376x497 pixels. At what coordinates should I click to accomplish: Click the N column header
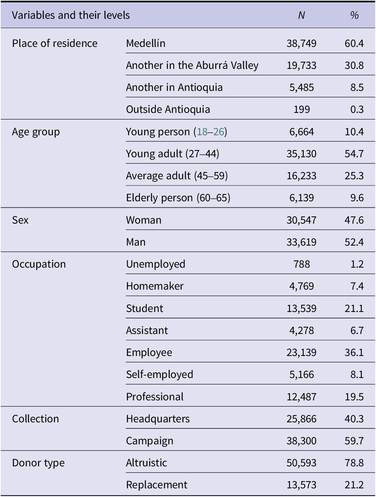[x=301, y=16]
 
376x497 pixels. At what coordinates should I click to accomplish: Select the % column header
[x=354, y=16]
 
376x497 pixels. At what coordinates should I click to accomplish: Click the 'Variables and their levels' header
[x=71, y=16]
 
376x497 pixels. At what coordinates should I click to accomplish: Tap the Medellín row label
[x=146, y=43]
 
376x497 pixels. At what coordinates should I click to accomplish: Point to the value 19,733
[x=301, y=65]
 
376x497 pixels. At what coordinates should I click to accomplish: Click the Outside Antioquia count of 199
[x=302, y=109]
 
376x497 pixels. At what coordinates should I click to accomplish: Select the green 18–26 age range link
[x=210, y=132]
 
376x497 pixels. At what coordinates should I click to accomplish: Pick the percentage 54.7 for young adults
[x=354, y=154]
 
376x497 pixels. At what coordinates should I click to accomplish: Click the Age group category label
[x=36, y=132]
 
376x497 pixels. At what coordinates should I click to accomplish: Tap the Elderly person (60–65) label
[x=178, y=198]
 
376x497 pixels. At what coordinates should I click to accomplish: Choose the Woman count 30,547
[x=301, y=220]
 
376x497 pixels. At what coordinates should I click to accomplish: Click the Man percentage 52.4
[x=354, y=242]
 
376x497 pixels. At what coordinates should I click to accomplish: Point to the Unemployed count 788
[x=302, y=264]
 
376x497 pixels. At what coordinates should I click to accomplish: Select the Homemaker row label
[x=155, y=286]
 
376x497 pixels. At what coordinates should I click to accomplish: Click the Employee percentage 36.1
[x=354, y=352]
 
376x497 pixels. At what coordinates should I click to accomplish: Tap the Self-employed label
[x=160, y=375]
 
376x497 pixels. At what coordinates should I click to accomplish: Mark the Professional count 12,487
[x=301, y=397]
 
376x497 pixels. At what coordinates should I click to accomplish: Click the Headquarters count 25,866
[x=301, y=419]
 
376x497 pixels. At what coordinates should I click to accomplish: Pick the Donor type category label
[x=38, y=463]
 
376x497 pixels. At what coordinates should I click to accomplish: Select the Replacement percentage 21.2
[x=354, y=485]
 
